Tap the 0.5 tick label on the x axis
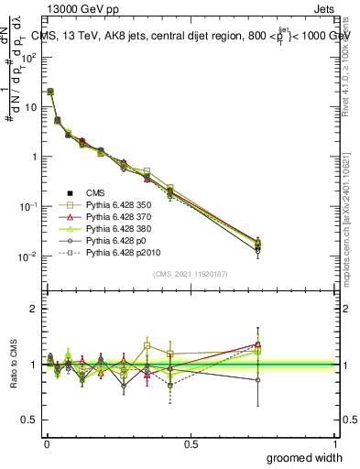(x=191, y=442)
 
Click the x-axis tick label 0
(x=46, y=442)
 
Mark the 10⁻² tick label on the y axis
(x=27, y=256)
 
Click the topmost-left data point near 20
(x=49, y=92)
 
